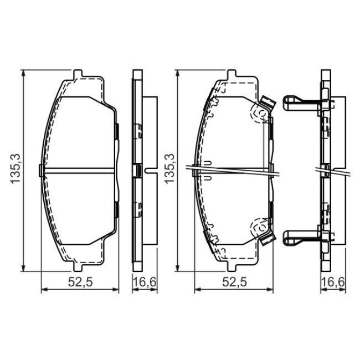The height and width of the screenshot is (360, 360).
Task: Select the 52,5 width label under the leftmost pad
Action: (x=80, y=282)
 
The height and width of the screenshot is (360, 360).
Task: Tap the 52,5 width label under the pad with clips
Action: (x=234, y=282)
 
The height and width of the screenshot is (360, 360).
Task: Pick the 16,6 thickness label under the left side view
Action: (x=145, y=282)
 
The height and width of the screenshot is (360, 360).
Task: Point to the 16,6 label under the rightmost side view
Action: (x=333, y=282)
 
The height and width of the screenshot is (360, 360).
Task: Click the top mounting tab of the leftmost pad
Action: (x=78, y=74)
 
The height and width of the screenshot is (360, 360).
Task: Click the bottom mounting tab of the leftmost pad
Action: (x=78, y=267)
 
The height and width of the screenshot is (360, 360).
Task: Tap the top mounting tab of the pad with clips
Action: (x=232, y=74)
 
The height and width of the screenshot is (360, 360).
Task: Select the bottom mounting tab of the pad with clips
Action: (x=232, y=267)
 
